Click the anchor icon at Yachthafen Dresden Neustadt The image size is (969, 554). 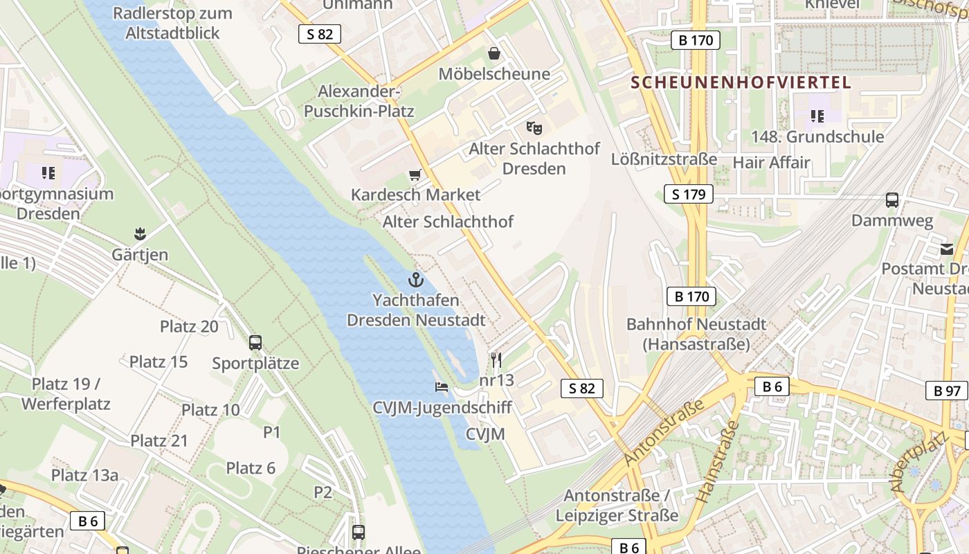(x=415, y=280)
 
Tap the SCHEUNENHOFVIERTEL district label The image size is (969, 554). (x=741, y=82)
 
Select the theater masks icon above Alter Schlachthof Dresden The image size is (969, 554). (x=534, y=127)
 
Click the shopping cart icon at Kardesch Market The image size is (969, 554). (x=415, y=175)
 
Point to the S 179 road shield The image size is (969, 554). (x=689, y=194)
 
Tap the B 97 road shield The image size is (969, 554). (x=947, y=391)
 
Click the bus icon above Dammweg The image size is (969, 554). (x=892, y=201)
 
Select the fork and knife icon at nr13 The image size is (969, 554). (x=496, y=359)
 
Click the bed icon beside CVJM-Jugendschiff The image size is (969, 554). (x=442, y=386)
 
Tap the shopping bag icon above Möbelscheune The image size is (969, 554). (x=494, y=53)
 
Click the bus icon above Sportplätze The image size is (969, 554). (x=255, y=342)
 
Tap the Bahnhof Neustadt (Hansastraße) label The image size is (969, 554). (x=696, y=334)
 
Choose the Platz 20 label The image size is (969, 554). (x=189, y=326)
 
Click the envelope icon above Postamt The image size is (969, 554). (x=947, y=249)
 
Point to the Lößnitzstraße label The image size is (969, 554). (x=664, y=159)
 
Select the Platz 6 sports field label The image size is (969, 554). (x=251, y=468)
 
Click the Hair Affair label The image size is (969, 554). (x=771, y=163)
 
